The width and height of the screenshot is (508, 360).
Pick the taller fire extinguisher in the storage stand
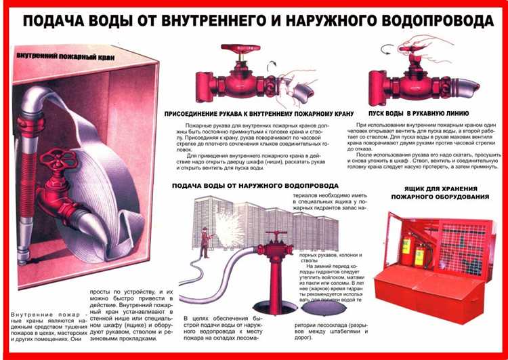pyautogui.click(x=406, y=248)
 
